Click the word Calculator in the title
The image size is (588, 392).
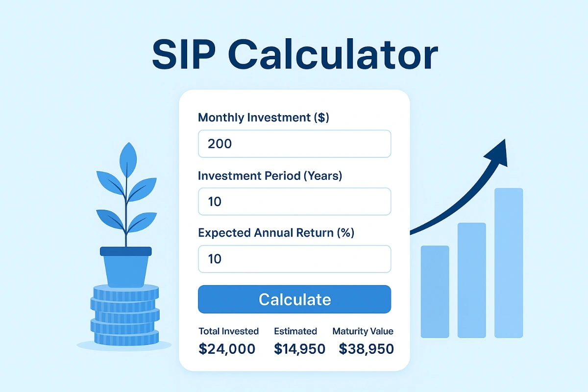pyautogui.click(x=333, y=55)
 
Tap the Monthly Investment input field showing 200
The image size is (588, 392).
pyautogui.click(x=294, y=144)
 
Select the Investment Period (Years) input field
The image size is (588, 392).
pyautogui.click(x=294, y=201)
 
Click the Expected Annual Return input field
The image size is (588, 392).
pyautogui.click(x=294, y=259)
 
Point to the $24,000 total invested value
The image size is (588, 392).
pyautogui.click(x=227, y=349)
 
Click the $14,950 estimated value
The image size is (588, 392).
pyautogui.click(x=299, y=349)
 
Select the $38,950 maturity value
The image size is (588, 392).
pyautogui.click(x=367, y=349)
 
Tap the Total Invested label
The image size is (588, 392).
pyautogui.click(x=228, y=331)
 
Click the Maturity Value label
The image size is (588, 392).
pyautogui.click(x=363, y=331)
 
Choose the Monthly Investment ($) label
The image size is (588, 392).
pyautogui.click(x=263, y=118)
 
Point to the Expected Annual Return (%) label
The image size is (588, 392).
pyautogui.click(x=276, y=233)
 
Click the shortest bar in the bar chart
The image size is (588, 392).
pyautogui.click(x=435, y=292)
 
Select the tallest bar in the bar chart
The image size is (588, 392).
pyautogui.click(x=509, y=263)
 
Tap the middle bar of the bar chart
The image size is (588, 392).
pyautogui.click(x=472, y=280)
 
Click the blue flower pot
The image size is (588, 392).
pyautogui.click(x=126, y=267)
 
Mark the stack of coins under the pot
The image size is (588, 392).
pyautogui.click(x=125, y=314)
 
